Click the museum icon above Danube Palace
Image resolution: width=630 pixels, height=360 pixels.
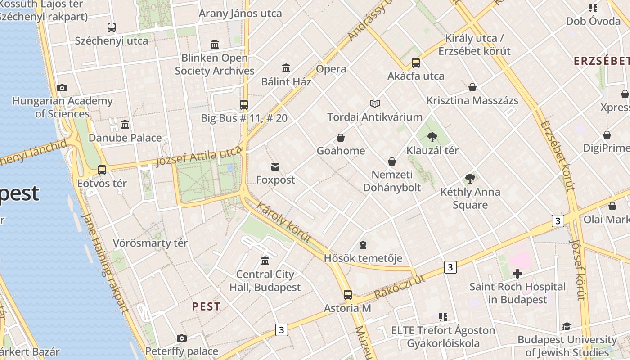pos(125,124)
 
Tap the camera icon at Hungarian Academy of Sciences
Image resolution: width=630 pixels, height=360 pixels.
pos(62,88)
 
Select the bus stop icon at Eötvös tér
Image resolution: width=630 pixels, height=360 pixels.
pos(102,170)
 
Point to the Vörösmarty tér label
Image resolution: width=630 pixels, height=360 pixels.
pos(150,243)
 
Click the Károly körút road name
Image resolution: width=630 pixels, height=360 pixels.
pos(283,222)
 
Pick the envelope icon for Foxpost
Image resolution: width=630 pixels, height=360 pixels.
pos(275,167)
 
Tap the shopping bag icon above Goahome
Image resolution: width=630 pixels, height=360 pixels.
pos(341,138)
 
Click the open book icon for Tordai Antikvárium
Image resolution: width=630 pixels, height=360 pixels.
pos(375,104)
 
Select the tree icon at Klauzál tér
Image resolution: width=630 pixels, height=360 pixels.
pos(432,137)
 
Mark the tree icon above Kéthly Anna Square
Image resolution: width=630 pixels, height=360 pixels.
pos(470,179)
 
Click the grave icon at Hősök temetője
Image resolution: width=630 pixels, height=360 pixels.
pos(363,245)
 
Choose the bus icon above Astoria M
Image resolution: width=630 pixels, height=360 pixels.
pos(348,295)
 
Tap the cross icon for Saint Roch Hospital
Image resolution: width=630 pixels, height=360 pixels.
pos(517,273)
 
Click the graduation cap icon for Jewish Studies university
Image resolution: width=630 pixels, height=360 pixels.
pos(567,326)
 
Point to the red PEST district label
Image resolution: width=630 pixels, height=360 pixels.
pos(207,307)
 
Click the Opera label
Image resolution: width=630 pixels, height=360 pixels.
pos(331,69)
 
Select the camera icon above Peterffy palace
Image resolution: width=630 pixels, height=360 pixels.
pos(182,338)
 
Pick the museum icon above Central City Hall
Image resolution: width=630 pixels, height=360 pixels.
pos(265,261)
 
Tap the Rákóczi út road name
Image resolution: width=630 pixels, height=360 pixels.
pos(400,287)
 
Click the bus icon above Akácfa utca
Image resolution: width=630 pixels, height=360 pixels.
pos(416,63)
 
